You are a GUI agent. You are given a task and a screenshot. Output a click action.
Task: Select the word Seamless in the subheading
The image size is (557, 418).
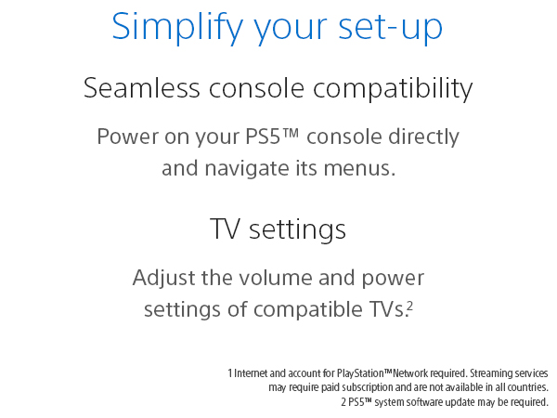(140, 89)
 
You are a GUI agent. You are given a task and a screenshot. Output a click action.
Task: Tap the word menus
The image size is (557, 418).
(364, 169)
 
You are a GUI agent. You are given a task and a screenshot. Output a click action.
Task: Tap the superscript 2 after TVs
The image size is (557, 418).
(409, 305)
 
